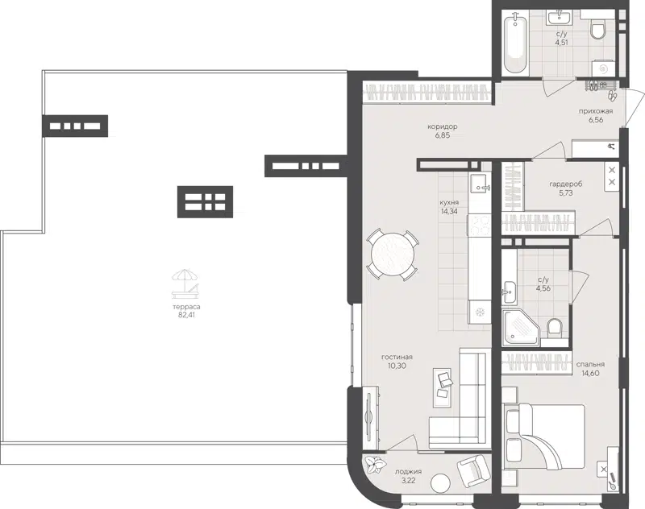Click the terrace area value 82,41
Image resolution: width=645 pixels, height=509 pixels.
point(189,315)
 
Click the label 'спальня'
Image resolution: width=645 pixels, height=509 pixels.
point(591,364)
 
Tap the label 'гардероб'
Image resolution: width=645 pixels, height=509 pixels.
point(554,184)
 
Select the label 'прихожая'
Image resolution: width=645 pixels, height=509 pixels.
point(596,111)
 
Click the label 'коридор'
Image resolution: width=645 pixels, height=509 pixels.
point(443,127)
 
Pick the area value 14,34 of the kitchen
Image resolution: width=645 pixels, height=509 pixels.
point(450,212)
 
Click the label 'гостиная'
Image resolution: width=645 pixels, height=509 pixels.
point(397,358)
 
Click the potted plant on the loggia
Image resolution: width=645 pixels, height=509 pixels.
point(375,465)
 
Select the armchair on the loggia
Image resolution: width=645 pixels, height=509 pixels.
point(473,470)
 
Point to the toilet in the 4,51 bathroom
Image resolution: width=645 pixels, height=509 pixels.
point(597,31)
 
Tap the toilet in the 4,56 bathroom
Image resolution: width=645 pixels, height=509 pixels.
point(553,328)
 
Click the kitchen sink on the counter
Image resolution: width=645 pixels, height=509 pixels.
point(478,185)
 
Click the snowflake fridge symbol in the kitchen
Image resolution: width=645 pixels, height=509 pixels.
point(478,312)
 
